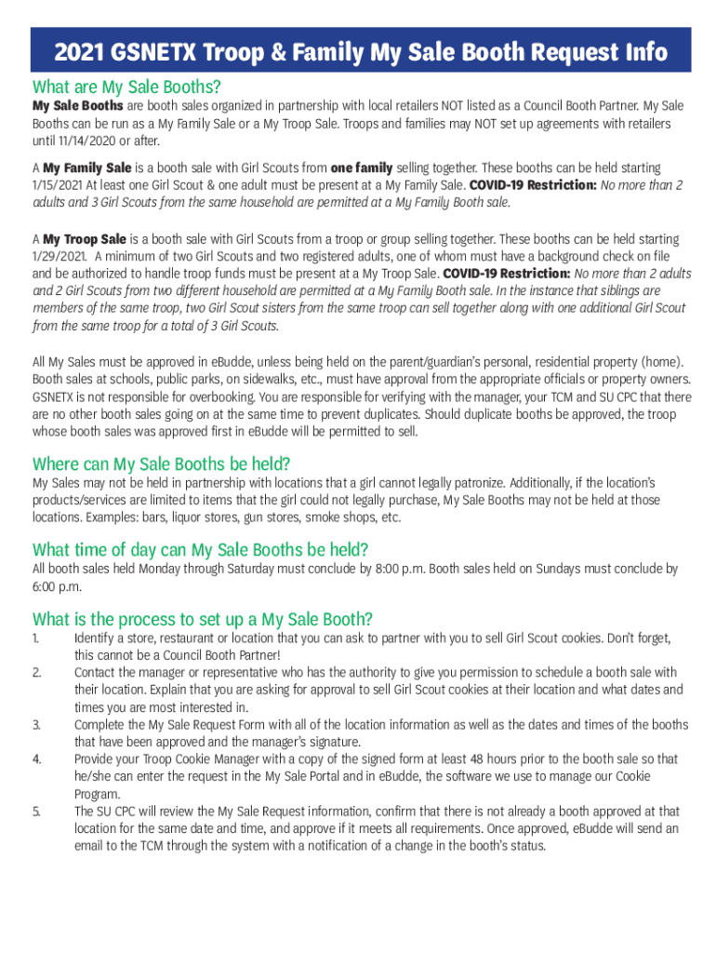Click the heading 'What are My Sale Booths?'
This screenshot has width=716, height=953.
pos(126,87)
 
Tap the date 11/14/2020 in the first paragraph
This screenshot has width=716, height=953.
pos(85,141)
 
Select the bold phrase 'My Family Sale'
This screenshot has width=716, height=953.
pos(87,168)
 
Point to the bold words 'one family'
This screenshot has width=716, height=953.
pos(362,168)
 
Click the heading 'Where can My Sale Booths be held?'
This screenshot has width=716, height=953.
pos(162,463)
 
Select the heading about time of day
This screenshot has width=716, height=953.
pos(200,549)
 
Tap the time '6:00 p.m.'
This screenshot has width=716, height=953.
pos(57,586)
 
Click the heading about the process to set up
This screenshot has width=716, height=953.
pos(203,619)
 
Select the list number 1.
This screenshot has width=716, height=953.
pos(35,638)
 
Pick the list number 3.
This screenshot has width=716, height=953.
pos(36,724)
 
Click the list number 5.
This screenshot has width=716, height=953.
pos(36,812)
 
